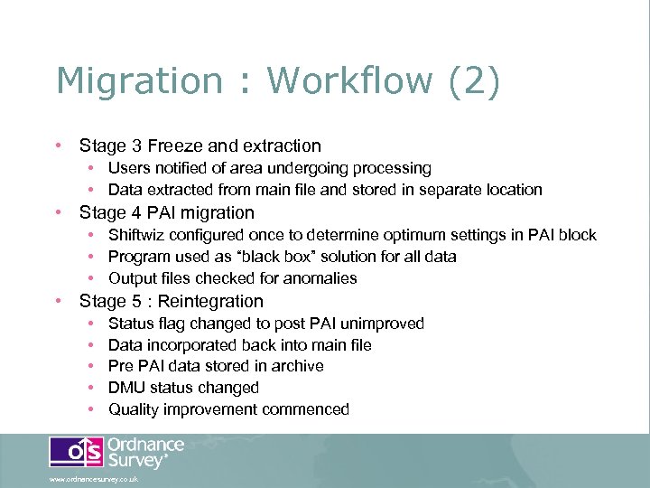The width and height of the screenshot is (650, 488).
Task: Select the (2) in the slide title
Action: (x=472, y=80)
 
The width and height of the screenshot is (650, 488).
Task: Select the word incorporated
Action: (x=190, y=344)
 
